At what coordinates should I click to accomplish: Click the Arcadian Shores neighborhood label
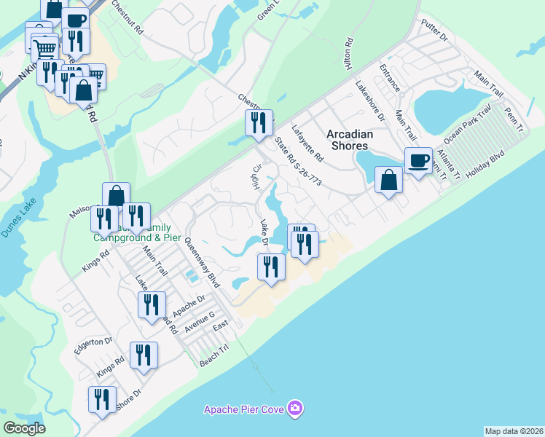click(350, 140)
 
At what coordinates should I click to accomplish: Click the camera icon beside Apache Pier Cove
click(295, 407)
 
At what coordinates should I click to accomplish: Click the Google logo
click(25, 428)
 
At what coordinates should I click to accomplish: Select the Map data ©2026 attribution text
click(514, 430)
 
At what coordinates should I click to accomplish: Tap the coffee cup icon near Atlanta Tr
click(418, 161)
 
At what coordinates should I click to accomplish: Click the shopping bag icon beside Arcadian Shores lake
click(389, 179)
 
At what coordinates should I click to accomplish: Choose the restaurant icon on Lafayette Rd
click(258, 123)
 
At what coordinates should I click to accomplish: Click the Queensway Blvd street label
click(202, 262)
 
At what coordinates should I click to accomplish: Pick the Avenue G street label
click(200, 323)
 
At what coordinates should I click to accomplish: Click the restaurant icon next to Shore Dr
click(102, 400)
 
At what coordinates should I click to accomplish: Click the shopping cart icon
click(45, 48)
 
